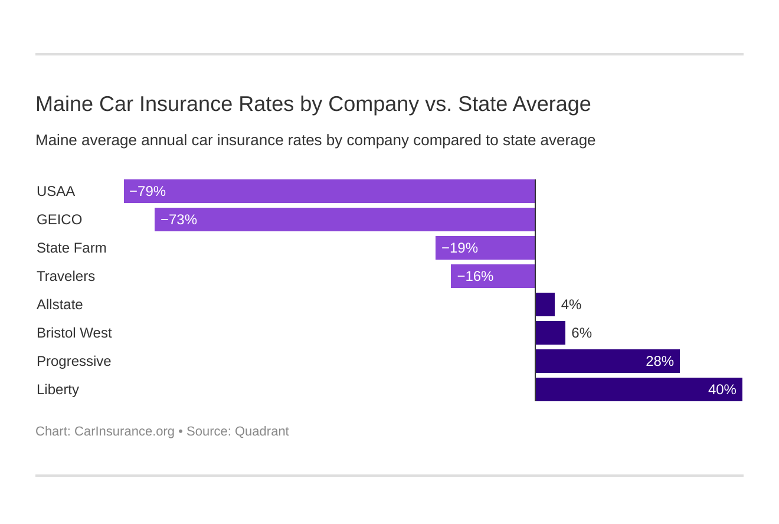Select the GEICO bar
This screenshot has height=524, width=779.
(345, 220)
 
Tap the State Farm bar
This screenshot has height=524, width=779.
(485, 248)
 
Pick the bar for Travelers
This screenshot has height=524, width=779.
(493, 276)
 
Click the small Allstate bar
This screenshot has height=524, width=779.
(545, 304)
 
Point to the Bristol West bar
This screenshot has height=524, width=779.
(551, 333)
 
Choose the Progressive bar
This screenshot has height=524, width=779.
(608, 361)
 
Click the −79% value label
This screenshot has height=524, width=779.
(148, 191)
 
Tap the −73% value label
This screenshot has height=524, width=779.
(179, 220)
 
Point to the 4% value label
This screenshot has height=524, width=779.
(571, 304)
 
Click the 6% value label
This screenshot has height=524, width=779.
(581, 333)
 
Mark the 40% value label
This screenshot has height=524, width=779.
(722, 389)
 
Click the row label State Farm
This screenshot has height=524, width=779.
(71, 248)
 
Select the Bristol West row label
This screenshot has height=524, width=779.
(74, 333)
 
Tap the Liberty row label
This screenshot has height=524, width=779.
(58, 389)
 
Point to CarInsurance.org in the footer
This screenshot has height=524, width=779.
(124, 431)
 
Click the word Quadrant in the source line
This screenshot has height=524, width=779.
(261, 431)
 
